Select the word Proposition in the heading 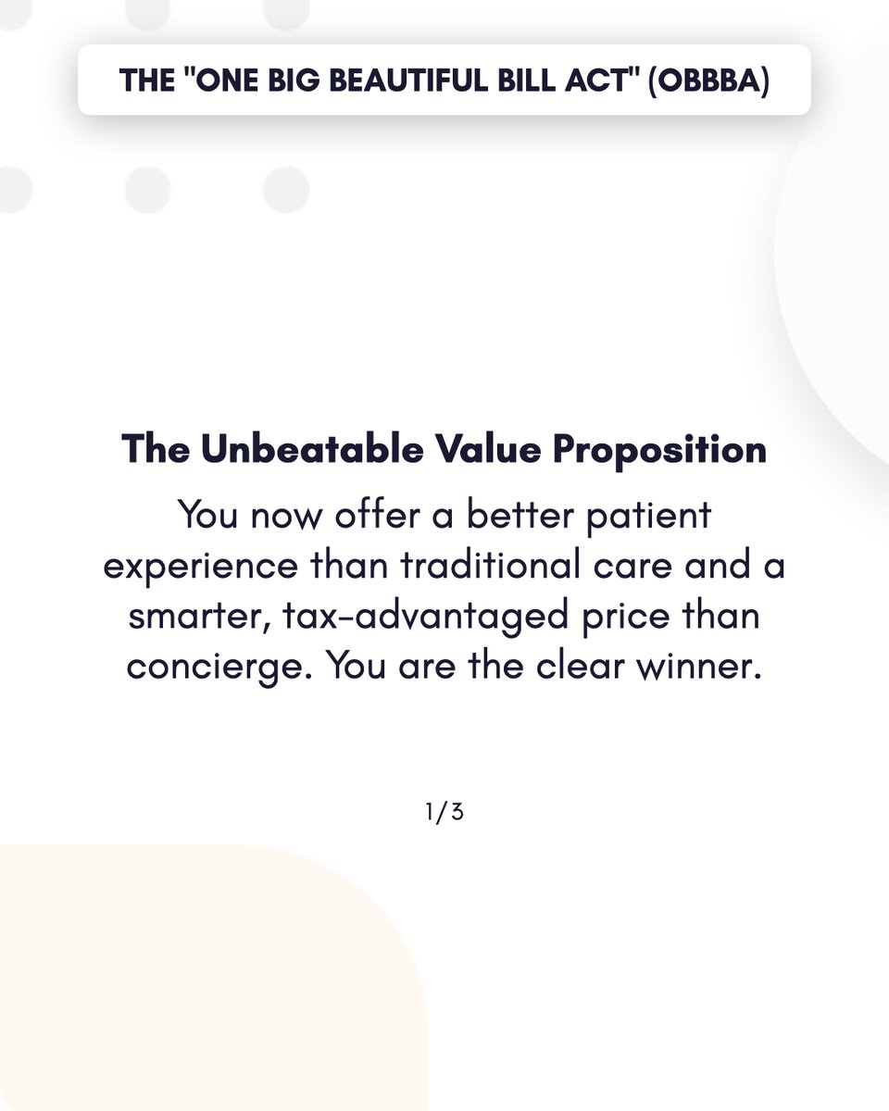tap(659, 450)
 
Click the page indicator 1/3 tap(444, 813)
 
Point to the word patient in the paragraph tap(647, 516)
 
